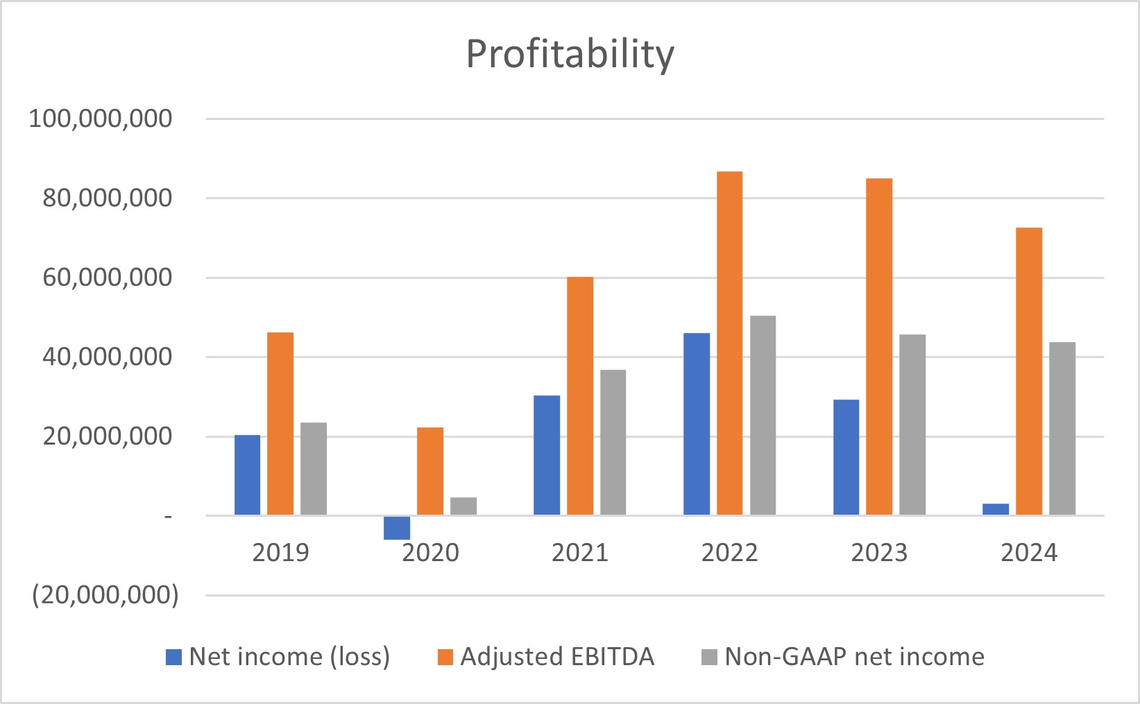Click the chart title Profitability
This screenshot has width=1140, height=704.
(x=570, y=54)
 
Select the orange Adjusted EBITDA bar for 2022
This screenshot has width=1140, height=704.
(x=729, y=343)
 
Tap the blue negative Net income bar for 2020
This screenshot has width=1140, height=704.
(x=397, y=528)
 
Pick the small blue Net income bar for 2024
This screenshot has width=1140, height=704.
(x=996, y=509)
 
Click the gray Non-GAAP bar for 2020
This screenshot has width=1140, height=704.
(x=463, y=506)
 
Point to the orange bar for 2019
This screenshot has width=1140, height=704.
(x=280, y=424)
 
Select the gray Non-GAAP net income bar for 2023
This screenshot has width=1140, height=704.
(x=912, y=424)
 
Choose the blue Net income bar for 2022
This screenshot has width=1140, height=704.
(x=697, y=424)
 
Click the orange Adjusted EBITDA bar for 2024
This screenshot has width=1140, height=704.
(x=1029, y=371)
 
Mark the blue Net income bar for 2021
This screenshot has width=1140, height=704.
(x=547, y=455)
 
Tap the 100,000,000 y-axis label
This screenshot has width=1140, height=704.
(x=100, y=119)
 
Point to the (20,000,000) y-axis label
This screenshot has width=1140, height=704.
(x=105, y=595)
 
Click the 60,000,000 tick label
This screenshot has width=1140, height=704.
(x=107, y=277)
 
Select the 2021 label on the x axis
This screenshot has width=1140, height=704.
(x=579, y=553)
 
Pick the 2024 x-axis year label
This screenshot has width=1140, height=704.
(x=1029, y=553)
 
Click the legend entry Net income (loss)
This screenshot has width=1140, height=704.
(x=289, y=656)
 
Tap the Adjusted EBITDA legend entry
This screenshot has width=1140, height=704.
(x=557, y=656)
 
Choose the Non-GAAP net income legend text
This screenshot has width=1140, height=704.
(x=854, y=656)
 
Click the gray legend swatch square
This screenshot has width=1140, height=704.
(x=709, y=657)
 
